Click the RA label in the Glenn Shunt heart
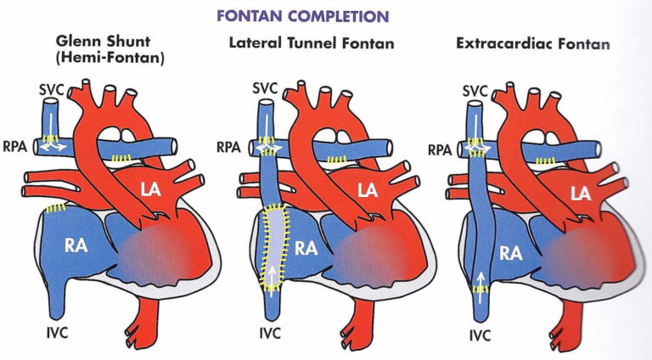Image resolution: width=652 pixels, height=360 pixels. click(x=79, y=245)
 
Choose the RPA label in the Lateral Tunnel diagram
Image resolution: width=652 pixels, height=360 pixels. click(x=229, y=146)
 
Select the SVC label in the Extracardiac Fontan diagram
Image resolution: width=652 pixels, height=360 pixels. click(x=474, y=89)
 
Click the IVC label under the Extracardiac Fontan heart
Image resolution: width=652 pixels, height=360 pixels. click(x=481, y=335)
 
